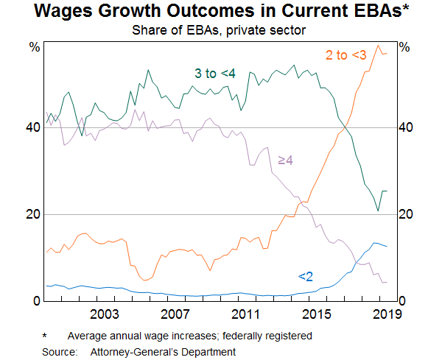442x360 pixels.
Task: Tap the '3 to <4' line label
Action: [214, 73]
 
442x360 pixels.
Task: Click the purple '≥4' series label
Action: [286, 160]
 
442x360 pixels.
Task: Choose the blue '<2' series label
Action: [305, 277]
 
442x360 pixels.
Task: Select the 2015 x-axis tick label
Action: [316, 314]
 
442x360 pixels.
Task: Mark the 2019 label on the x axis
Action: [386, 314]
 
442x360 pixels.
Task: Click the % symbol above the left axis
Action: [34, 47]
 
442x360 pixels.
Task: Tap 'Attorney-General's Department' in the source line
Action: [163, 352]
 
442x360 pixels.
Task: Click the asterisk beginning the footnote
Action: [45, 336]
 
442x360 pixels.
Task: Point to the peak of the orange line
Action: [379, 46]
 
